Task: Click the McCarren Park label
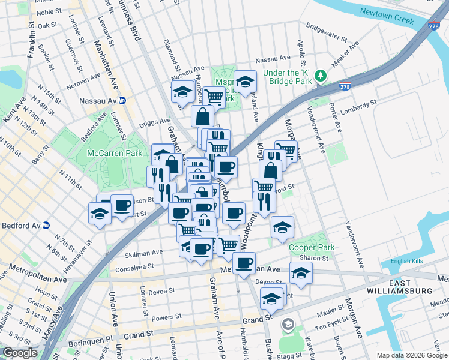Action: (x=115, y=153)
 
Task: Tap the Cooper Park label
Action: (x=311, y=247)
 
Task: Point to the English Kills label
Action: (x=407, y=261)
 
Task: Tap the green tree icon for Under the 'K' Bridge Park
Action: (x=321, y=75)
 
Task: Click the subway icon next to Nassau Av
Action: (x=122, y=100)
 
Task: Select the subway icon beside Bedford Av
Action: (x=46, y=226)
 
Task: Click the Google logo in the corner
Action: (x=20, y=353)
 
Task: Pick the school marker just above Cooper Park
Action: (x=282, y=226)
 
